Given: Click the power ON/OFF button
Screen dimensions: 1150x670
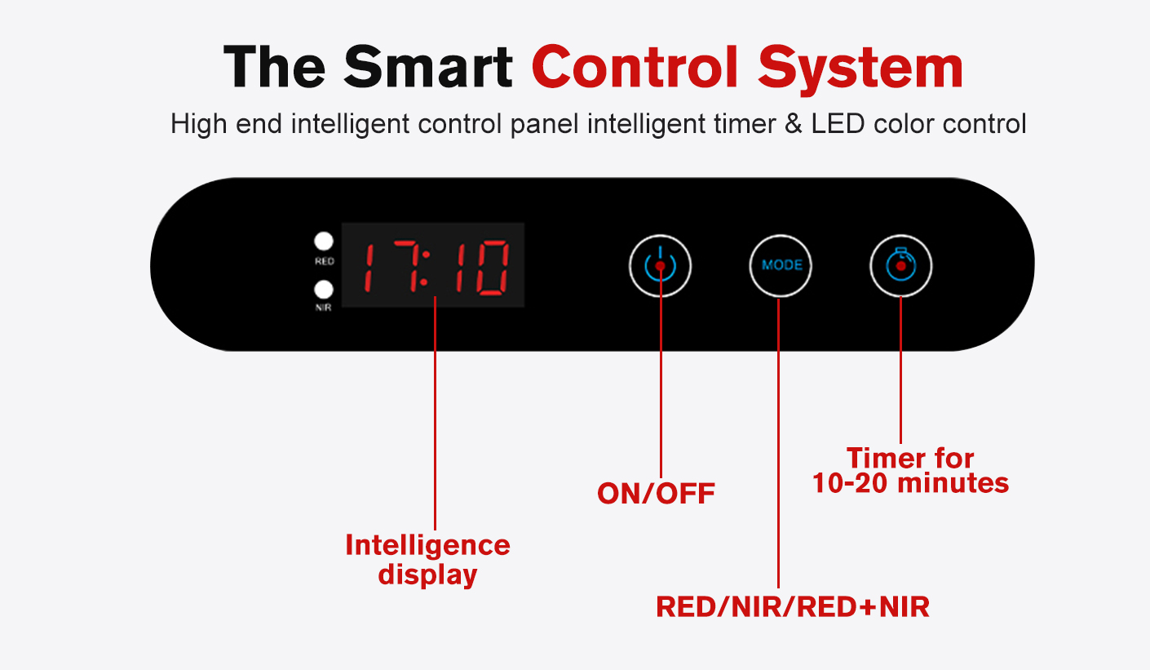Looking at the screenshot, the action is pos(660,266).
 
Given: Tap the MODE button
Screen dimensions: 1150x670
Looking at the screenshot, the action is pos(781,266).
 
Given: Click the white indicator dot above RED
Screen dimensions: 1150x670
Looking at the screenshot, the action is pos(324,241).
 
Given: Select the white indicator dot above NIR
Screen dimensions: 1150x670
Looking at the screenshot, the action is pos(324,289).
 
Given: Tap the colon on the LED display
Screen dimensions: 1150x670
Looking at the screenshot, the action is pos(425,268).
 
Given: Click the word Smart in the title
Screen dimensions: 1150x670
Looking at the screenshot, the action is pos(428,67).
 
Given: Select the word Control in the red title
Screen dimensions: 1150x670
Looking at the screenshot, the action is pos(635,67).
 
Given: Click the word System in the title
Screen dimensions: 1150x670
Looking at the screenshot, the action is pos(860,70).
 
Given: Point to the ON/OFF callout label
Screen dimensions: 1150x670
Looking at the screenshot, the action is pos(656,494).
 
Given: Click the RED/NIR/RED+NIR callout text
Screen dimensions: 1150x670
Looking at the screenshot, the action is pos(793,607).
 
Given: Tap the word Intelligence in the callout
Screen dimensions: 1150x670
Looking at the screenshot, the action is pos(427,544).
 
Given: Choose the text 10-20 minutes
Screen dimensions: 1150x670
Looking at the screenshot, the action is pos(910,483).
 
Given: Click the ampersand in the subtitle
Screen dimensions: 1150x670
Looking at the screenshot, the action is pos(794,124).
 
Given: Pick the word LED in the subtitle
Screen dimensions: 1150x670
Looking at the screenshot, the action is pos(838,124).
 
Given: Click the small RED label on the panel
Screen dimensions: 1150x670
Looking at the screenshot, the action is pos(325,261).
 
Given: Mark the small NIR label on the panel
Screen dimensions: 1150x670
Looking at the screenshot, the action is pos(324,308).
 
